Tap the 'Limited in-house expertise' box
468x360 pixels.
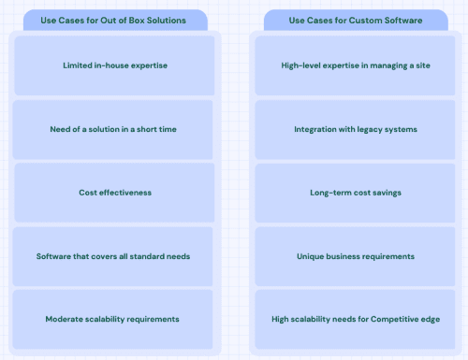tap(112, 65)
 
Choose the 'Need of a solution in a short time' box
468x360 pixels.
tap(112, 129)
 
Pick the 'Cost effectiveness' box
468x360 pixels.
tap(112, 193)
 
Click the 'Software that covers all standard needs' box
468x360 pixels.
tap(112, 256)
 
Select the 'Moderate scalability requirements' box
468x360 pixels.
tap(112, 319)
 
